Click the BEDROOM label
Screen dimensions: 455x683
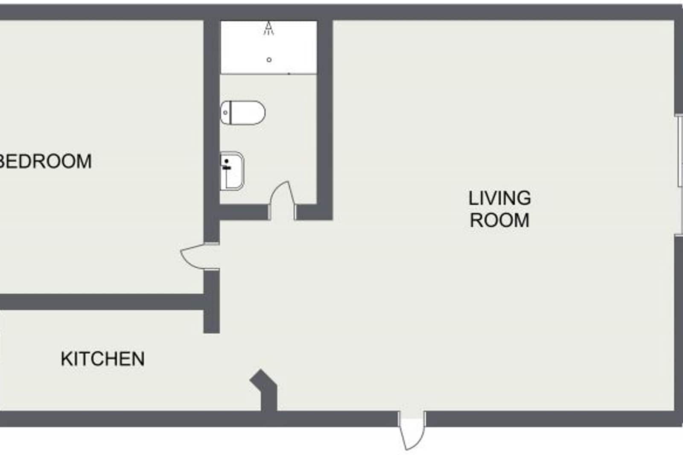click(x=45, y=161)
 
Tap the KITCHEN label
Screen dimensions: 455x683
click(x=102, y=359)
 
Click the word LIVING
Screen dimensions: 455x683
click(x=499, y=198)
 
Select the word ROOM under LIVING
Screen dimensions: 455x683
click(x=499, y=220)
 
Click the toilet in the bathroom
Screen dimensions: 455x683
click(x=243, y=113)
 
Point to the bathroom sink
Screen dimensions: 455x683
click(x=232, y=171)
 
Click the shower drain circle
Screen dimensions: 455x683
click(x=269, y=60)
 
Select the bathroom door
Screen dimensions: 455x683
click(x=282, y=199)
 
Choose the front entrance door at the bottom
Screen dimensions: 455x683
click(x=412, y=431)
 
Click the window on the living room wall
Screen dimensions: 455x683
click(x=679, y=152)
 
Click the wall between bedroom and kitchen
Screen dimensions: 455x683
click(x=102, y=302)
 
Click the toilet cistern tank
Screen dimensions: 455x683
click(x=226, y=113)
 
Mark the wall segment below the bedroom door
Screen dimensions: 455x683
click(x=211, y=301)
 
